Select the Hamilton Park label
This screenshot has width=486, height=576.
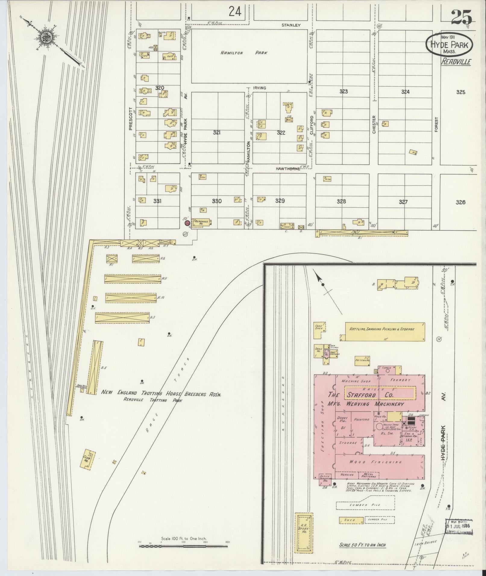pos(244,53)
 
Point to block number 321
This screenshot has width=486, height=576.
pos(217,132)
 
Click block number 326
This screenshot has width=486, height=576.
pos(460,202)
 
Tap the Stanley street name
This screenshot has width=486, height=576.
pos(291,25)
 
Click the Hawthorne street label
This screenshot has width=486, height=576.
pos(288,169)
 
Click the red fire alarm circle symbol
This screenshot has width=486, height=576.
pos(187,223)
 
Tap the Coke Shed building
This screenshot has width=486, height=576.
pos(319,328)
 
